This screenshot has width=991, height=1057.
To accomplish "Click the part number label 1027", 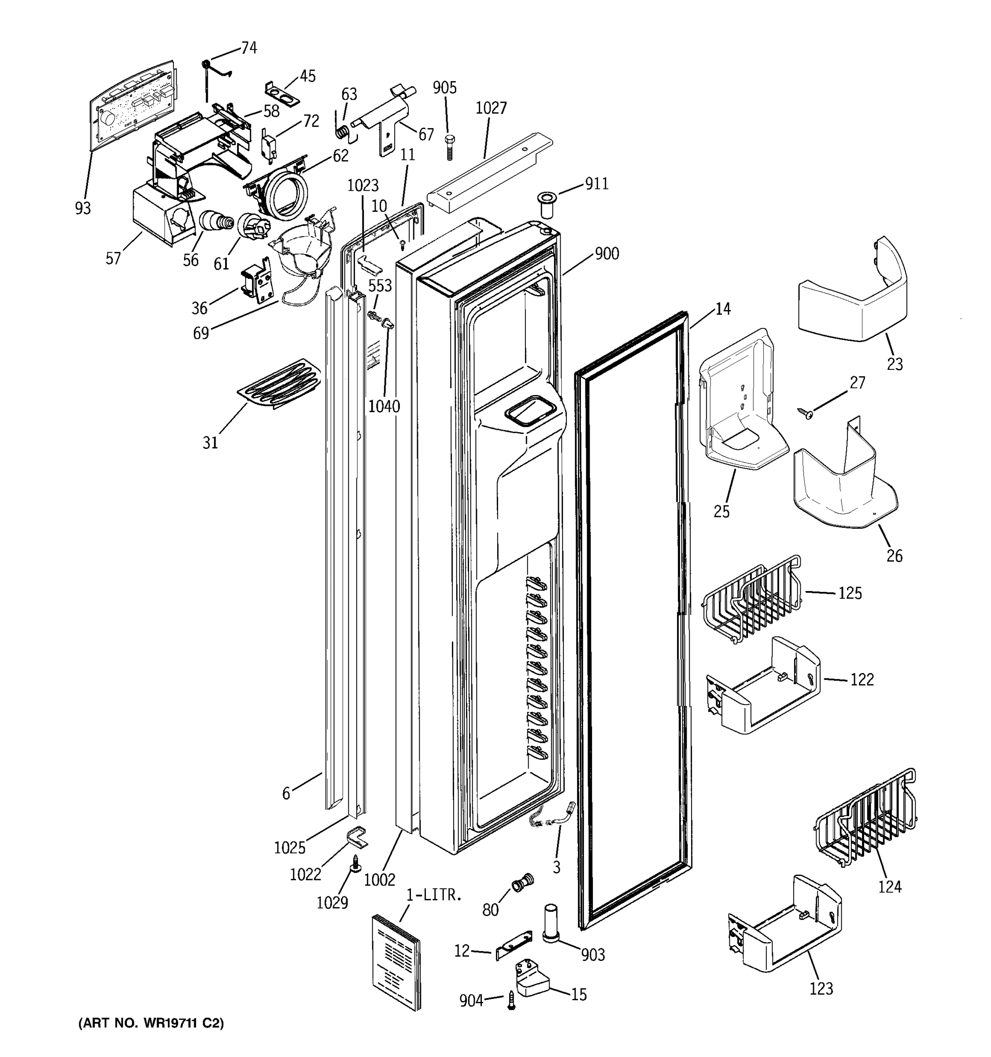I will coord(491,108).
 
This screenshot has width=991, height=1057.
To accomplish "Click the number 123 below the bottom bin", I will coord(821,988).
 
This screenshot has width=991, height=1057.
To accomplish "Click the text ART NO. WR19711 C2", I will coord(152,1023).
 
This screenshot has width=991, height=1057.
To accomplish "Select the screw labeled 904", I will coord(511,1000).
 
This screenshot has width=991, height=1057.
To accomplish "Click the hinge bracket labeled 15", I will coord(532,982).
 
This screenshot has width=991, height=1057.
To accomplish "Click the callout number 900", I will coord(606,254).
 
